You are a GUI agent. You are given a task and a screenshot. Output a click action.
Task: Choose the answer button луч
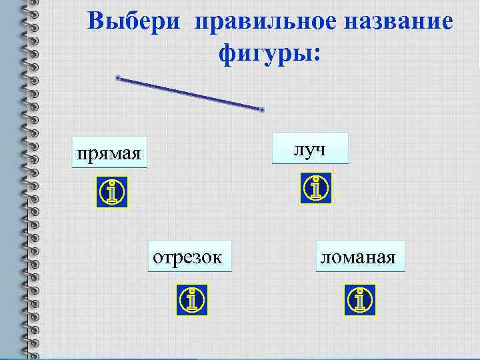(x=310, y=148)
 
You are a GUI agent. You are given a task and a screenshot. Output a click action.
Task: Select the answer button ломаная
(x=361, y=257)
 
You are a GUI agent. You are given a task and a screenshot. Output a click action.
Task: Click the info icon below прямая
(x=111, y=193)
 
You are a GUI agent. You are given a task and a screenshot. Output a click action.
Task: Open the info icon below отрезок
(x=192, y=300)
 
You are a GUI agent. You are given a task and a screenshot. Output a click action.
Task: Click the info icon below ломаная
(x=360, y=300)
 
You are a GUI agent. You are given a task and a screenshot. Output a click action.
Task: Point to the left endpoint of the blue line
(x=117, y=78)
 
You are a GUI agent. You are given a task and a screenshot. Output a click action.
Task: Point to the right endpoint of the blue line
(x=263, y=109)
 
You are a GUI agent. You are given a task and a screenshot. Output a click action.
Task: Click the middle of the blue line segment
(x=190, y=94)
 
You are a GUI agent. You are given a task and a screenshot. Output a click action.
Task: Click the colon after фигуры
(x=317, y=55)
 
